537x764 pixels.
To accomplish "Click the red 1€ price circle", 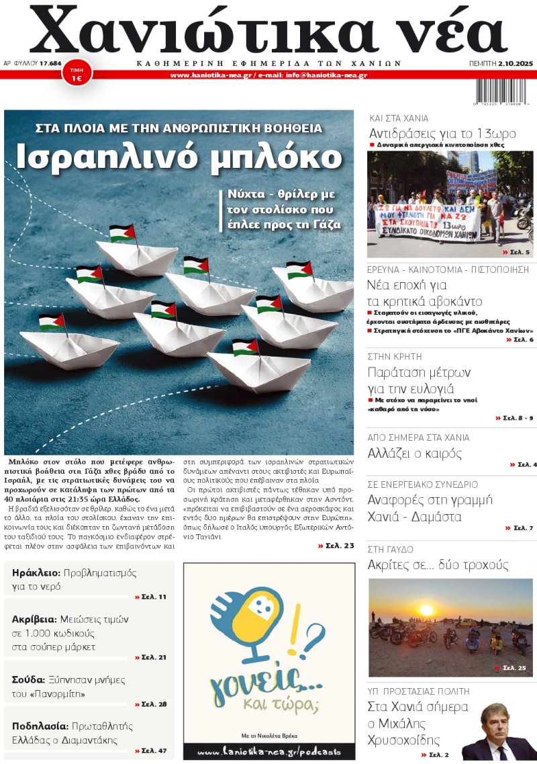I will pos(77,74).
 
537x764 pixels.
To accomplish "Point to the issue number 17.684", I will pos(51,63).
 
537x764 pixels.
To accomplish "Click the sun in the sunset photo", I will pos(426,611).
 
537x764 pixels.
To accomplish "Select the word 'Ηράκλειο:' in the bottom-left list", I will pos(36,573).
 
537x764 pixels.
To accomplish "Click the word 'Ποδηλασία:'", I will pos(40,726).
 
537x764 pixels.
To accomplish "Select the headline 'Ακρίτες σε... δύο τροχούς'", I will pos(438,565).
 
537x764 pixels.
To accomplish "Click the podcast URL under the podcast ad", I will pos(268,751).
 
